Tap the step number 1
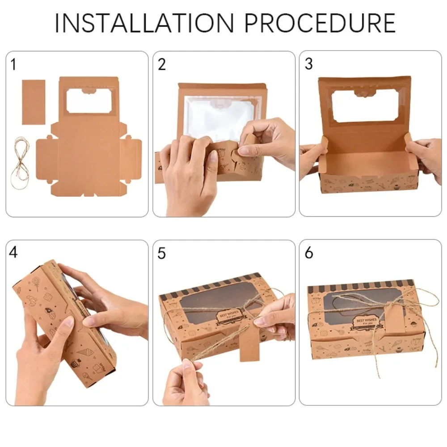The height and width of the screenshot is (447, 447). tap(13, 65)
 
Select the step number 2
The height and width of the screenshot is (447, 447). tap(162, 65)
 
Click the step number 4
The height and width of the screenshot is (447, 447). tap(13, 253)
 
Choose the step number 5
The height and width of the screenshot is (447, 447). tap(162, 253)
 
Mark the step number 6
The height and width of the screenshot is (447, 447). tap(309, 253)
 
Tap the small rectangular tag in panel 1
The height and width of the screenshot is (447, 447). tap(34, 102)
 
